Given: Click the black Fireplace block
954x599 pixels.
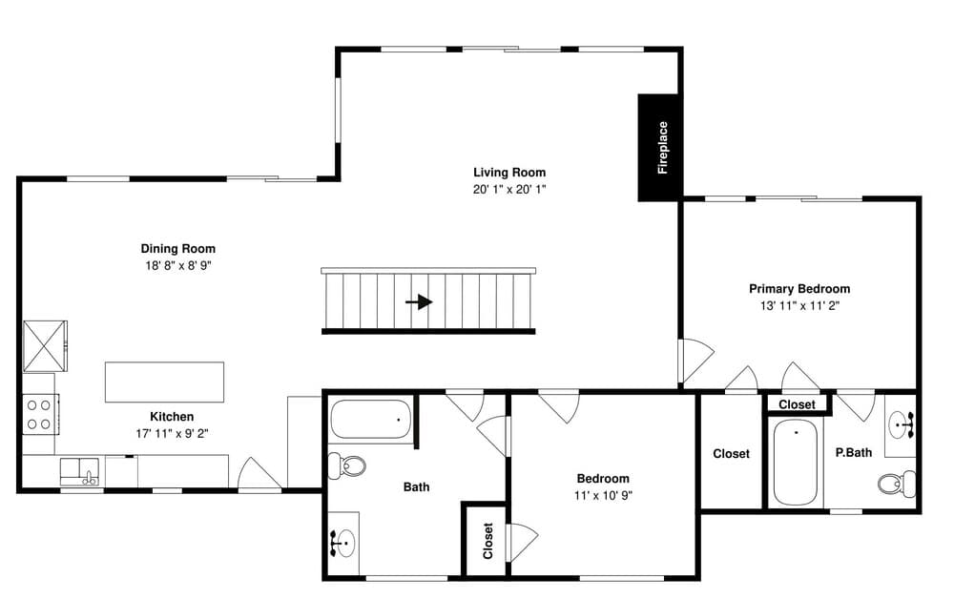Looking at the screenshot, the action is pos(660,147).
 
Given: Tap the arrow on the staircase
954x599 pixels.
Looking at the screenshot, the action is pos(419,301).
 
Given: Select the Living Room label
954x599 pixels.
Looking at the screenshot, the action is pos(509,172).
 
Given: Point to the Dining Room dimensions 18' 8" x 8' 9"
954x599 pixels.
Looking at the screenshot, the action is pos(177,265).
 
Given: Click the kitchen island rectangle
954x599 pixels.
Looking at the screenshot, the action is pos(164,382).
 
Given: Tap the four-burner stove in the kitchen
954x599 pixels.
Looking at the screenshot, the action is pos(40,414).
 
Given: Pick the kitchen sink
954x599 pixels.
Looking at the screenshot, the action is pos(80,472).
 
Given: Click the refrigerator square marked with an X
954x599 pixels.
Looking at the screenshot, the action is pos(45,345).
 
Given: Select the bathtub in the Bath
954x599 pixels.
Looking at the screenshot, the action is pos(370,419).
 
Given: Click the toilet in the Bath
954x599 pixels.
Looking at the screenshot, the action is pos(347,465).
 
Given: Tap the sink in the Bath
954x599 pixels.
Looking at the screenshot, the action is pos(343,542).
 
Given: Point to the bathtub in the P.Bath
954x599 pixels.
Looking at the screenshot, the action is pos(796,463).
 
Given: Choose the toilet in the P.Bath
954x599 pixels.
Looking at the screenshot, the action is pos(896,484).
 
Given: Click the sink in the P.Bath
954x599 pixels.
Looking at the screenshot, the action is pos(902,423).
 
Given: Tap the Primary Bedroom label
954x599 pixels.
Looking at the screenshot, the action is pos(799,288).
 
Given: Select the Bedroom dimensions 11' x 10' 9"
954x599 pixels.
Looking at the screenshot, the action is pos(603,495).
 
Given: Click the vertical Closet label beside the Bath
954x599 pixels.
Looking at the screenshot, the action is pos(487,541).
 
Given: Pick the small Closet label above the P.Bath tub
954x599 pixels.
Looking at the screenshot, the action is pos(797,404).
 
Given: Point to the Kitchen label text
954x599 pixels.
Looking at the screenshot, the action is pos(172,417).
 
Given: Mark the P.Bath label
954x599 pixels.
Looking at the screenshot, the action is pos(854,452).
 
